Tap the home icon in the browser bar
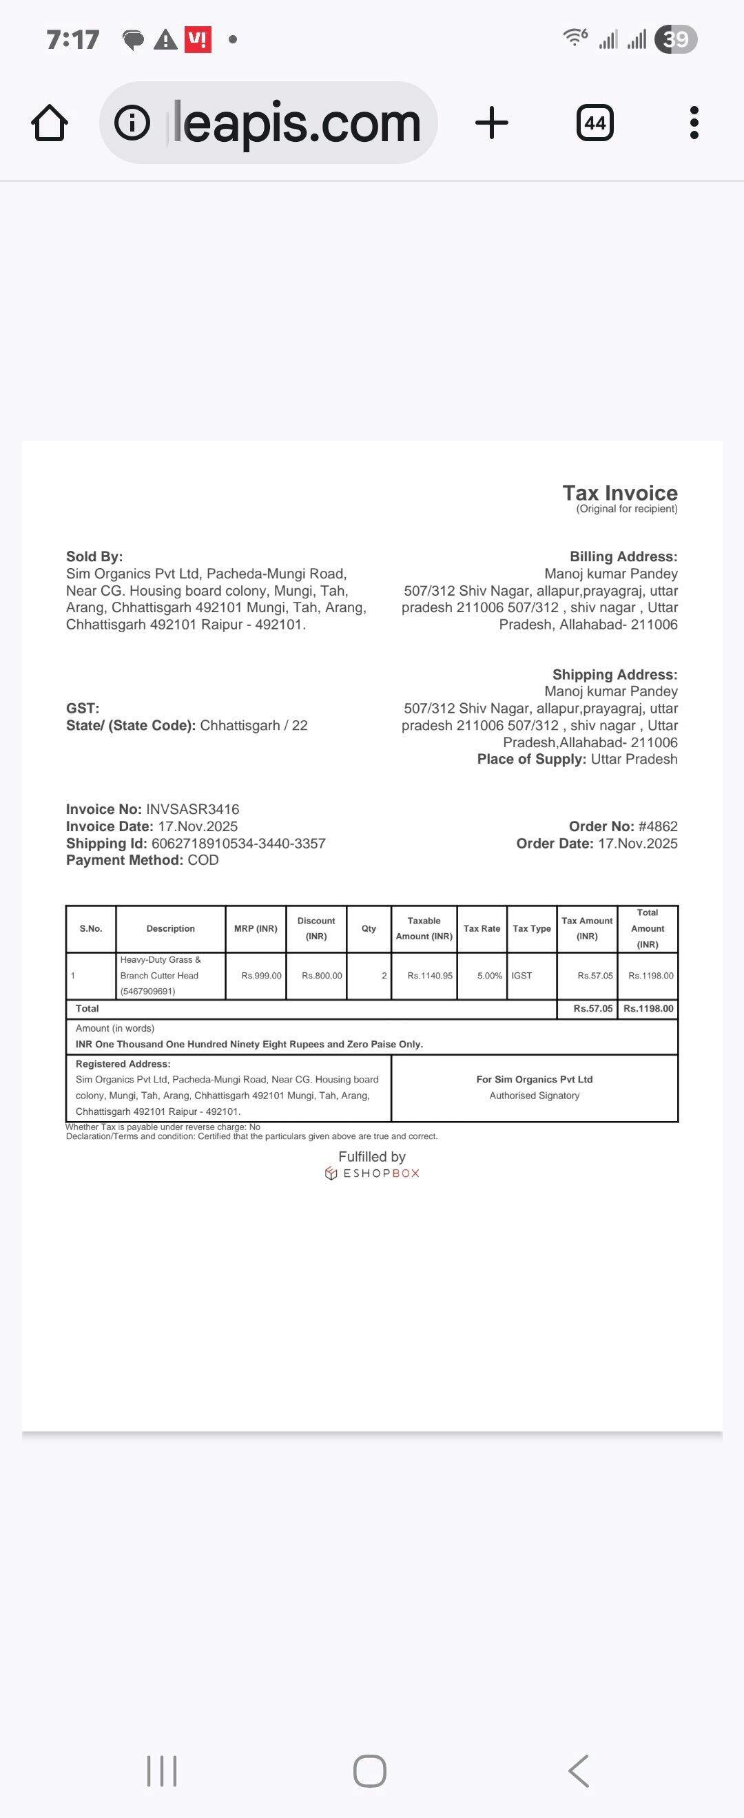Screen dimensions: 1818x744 pyautogui.click(x=50, y=123)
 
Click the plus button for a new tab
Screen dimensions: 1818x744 pyautogui.click(x=491, y=123)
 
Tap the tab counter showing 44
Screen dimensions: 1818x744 pyautogui.click(x=595, y=123)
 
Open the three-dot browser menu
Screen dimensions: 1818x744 pyautogui.click(x=694, y=123)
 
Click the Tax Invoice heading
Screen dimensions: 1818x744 pyautogui.click(x=619, y=492)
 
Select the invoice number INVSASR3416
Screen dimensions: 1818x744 pyautogui.click(x=192, y=808)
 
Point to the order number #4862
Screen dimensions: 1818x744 pyautogui.click(x=657, y=826)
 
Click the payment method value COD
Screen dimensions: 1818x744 pyautogui.click(x=203, y=859)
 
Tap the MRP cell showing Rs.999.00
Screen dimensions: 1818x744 pyautogui.click(x=261, y=975)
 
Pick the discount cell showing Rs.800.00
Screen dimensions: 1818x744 pyautogui.click(x=321, y=975)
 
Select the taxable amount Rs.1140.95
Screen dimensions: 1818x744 pyautogui.click(x=429, y=975)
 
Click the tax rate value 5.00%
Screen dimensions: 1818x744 pyautogui.click(x=489, y=975)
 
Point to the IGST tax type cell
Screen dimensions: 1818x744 pyautogui.click(x=521, y=975)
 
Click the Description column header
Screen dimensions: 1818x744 pyautogui.click(x=170, y=928)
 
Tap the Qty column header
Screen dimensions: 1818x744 pyautogui.click(x=369, y=928)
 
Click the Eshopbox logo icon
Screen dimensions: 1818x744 pyautogui.click(x=331, y=1173)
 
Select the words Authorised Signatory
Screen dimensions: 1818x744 pyautogui.click(x=535, y=1096)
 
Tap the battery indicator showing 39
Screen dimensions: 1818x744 pyautogui.click(x=676, y=39)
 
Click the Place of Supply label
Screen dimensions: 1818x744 pyautogui.click(x=531, y=759)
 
